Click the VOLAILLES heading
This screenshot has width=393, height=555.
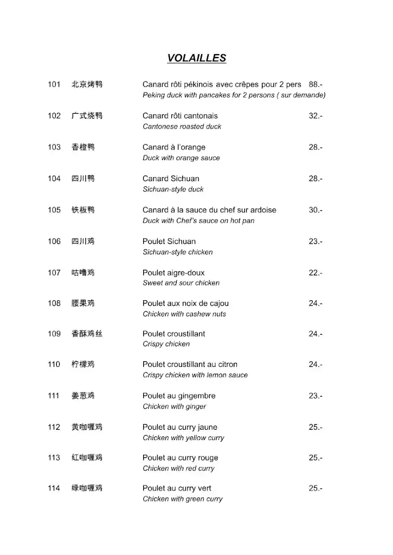click(196, 59)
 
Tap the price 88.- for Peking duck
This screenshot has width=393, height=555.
click(315, 85)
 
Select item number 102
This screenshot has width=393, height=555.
click(54, 116)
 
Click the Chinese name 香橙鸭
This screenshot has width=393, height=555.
click(83, 147)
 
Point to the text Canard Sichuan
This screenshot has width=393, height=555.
click(171, 179)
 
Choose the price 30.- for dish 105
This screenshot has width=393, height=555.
click(315, 210)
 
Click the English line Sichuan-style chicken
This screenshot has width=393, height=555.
click(177, 252)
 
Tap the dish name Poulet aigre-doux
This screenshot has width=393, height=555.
click(173, 273)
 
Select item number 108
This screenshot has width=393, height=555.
click(54, 304)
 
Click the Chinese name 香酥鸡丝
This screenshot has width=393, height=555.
click(87, 334)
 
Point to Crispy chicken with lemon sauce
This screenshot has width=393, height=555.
click(195, 375)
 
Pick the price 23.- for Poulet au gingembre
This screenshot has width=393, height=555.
click(315, 396)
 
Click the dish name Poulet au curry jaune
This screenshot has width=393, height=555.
click(180, 428)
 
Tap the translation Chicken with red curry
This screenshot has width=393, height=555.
click(178, 468)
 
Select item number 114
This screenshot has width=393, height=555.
click(54, 489)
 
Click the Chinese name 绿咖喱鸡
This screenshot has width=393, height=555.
click(87, 489)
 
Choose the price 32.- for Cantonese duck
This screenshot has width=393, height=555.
click(315, 116)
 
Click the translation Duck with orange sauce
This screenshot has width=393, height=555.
click(181, 158)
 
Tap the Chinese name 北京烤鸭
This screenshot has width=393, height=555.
click(87, 85)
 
